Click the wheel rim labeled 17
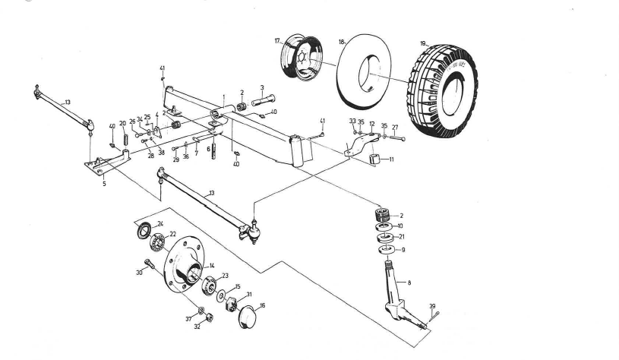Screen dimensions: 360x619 tap(301, 60)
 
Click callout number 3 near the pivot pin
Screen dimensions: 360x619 tap(261, 88)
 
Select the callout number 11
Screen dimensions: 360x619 tap(392, 160)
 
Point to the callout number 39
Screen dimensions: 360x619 tap(431, 307)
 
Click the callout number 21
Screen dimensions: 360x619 tap(402, 237)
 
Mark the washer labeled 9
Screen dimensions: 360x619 tap(386, 248)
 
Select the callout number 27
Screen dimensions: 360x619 tap(395, 128)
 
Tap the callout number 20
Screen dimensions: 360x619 tap(122, 124)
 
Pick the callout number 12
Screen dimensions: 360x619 tap(371, 123)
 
